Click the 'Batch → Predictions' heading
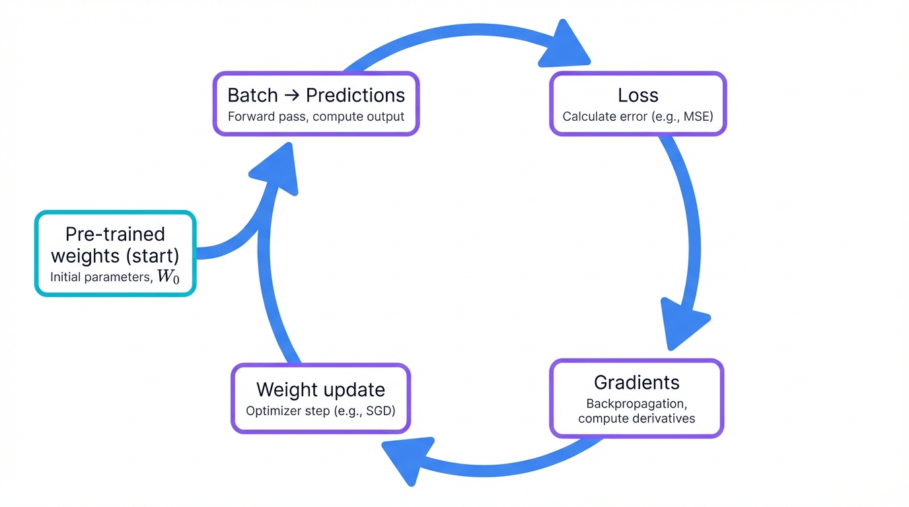(316, 95)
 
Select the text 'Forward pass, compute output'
(316, 117)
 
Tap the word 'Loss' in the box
(638, 95)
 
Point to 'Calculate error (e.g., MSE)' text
(638, 117)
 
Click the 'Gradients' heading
(636, 382)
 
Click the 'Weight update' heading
(320, 389)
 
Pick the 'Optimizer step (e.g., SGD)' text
(320, 411)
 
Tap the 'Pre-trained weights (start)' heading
(115, 244)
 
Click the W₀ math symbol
(168, 277)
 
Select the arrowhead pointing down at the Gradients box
(684, 323)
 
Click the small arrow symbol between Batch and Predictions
(291, 96)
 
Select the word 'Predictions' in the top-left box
(355, 95)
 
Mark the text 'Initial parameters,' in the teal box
(101, 277)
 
